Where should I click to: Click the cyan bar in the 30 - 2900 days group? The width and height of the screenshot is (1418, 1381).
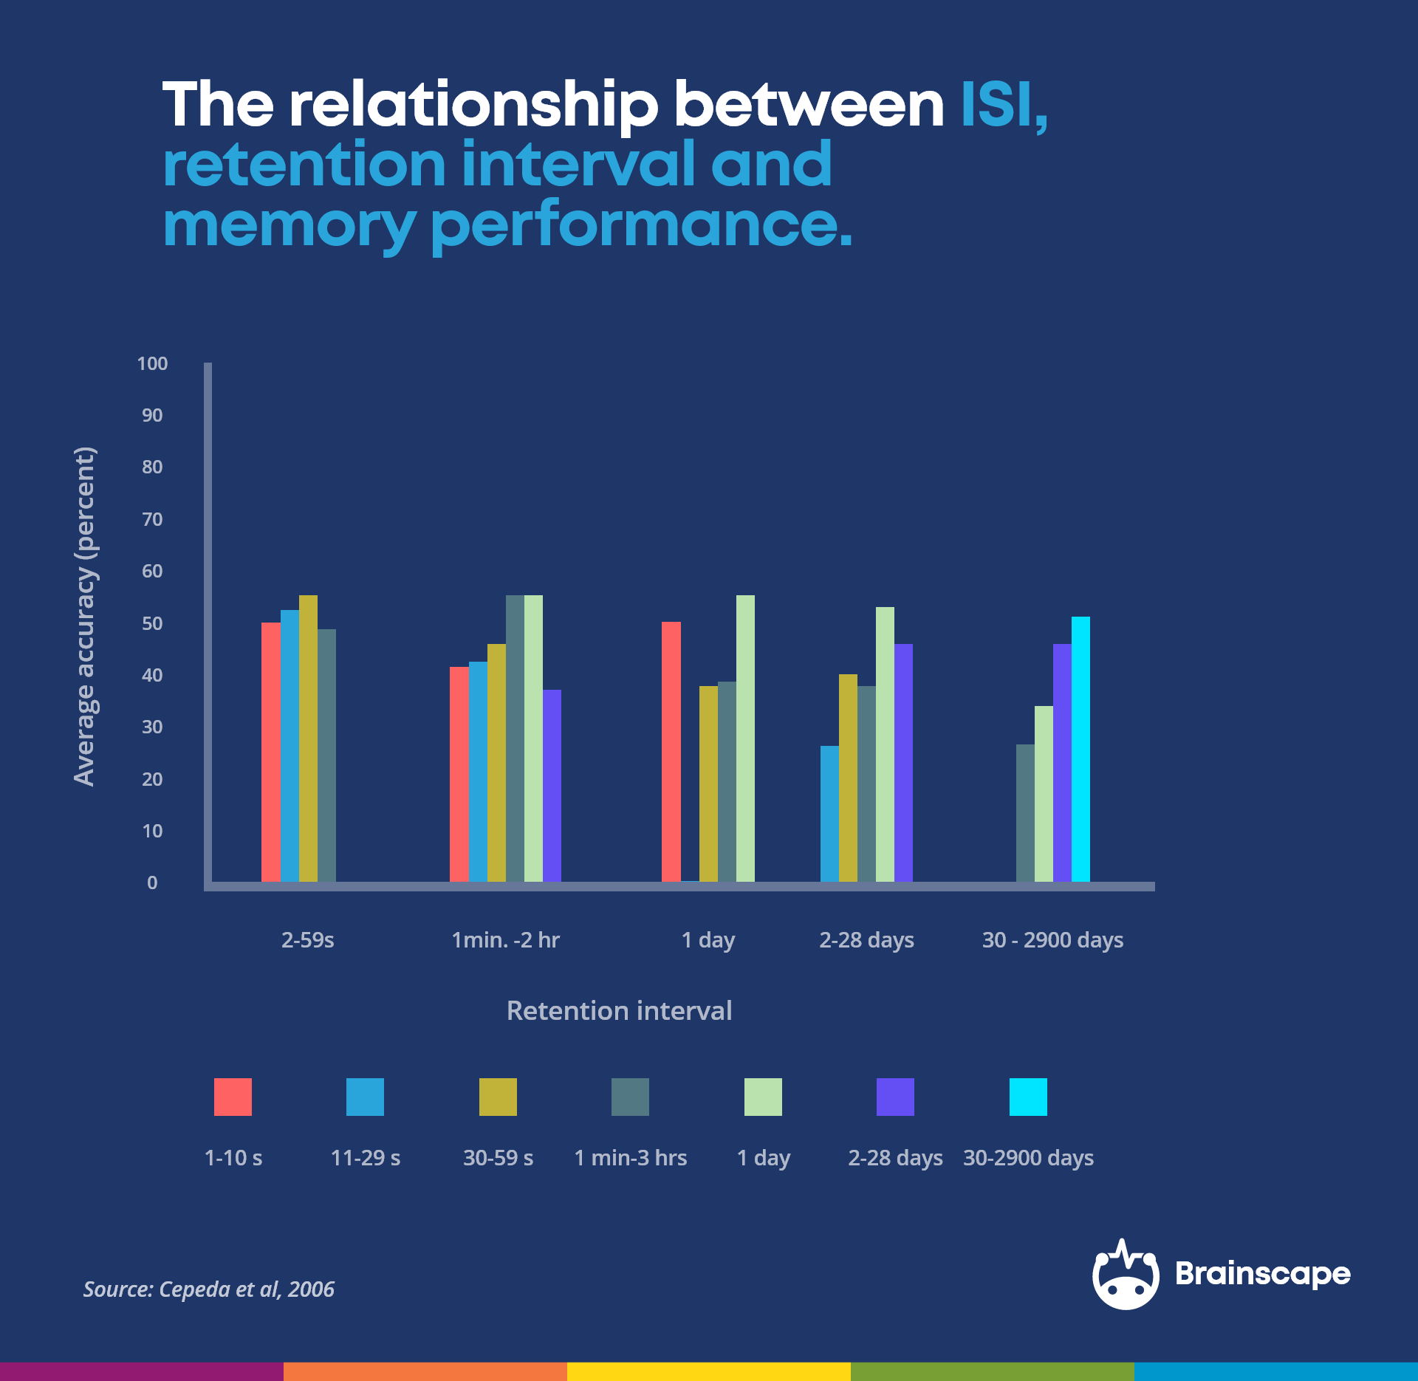tap(1080, 750)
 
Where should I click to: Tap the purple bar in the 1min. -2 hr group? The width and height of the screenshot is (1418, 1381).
tap(552, 786)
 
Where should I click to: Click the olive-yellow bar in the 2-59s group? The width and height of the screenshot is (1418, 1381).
tap(308, 739)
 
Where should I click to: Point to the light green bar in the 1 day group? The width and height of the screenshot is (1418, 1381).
tap(745, 739)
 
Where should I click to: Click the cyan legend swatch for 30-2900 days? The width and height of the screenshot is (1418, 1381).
tap(1028, 1097)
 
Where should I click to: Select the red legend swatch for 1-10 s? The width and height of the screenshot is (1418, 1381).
tap(233, 1097)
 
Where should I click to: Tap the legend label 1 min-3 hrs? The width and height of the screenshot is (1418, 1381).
tap(631, 1157)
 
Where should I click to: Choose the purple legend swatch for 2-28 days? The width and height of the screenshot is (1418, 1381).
tap(895, 1097)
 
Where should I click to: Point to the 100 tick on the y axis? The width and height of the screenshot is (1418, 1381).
tap(152, 363)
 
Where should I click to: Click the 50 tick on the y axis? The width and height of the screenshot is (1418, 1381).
tap(152, 623)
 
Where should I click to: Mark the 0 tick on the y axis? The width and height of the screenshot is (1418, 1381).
tap(152, 883)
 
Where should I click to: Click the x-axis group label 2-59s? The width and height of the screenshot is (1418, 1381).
tap(308, 940)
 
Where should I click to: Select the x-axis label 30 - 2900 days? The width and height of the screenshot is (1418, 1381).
tap(1052, 940)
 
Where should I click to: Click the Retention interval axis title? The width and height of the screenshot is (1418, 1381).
tap(619, 1010)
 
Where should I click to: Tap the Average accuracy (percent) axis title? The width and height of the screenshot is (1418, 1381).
tap(85, 617)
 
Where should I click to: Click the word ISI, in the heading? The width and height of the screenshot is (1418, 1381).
tap(1003, 105)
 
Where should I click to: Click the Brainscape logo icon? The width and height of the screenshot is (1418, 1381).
tap(1126, 1275)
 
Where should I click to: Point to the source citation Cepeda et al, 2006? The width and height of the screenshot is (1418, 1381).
tap(209, 1289)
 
